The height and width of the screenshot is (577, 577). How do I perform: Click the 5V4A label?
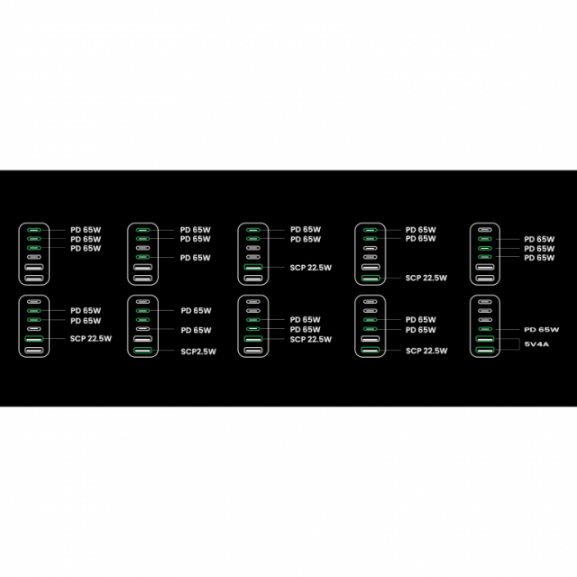tap(536, 344)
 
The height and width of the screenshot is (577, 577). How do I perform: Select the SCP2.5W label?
tap(198, 352)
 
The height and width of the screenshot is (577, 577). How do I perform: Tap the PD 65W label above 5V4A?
tap(541, 330)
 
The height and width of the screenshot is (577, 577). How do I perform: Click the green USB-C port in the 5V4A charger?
tap(485, 329)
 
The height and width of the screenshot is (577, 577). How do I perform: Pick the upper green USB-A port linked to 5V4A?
tap(485, 339)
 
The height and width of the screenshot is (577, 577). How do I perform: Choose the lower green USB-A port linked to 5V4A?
tap(485, 350)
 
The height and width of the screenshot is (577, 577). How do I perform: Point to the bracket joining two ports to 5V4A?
tap(519, 344)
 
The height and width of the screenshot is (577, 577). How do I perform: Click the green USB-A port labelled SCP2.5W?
tap(142, 351)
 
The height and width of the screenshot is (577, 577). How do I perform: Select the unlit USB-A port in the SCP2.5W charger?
tap(142, 339)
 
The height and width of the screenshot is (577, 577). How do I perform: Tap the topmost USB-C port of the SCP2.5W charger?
tap(142, 302)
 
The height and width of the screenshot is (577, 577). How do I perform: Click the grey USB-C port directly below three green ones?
tap(34, 257)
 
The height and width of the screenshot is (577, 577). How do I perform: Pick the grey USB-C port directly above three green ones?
tap(485, 230)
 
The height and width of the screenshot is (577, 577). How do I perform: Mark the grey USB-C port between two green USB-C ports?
tap(142, 248)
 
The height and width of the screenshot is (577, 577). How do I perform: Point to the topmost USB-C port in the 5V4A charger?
tap(485, 302)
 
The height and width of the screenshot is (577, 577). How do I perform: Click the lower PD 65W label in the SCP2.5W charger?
tap(196, 330)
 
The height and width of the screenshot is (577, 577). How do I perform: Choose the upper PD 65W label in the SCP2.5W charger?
tap(196, 310)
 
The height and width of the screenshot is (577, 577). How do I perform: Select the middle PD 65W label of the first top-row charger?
tap(86, 239)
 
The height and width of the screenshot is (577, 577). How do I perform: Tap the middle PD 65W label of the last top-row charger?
tap(539, 249)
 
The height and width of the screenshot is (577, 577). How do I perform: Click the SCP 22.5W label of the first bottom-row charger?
tap(91, 339)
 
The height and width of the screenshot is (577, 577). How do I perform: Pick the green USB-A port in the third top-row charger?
tap(253, 267)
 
